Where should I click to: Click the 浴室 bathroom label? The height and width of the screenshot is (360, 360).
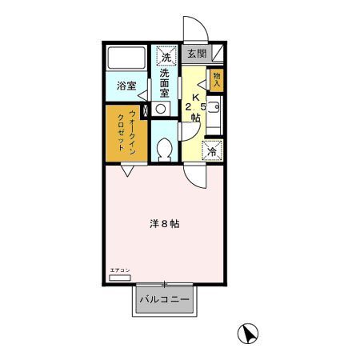[126, 85]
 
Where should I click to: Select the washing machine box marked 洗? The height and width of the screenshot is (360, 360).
[166, 57]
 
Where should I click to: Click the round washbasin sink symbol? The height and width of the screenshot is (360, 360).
[162, 107]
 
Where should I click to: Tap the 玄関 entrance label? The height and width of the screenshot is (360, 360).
[196, 54]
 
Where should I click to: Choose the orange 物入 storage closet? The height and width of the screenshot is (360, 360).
[217, 79]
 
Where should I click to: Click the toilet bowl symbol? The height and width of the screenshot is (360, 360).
[165, 148]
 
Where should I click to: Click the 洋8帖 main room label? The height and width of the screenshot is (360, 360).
[165, 224]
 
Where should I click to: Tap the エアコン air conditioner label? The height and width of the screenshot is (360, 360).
[119, 271]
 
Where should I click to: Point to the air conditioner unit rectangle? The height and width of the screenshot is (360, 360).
[119, 278]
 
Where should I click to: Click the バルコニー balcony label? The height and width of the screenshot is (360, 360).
[165, 300]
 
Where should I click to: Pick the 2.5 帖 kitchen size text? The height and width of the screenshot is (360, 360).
[195, 111]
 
